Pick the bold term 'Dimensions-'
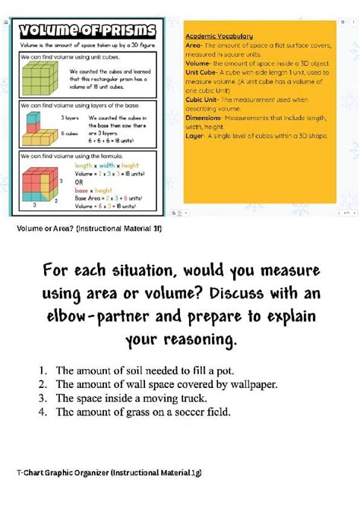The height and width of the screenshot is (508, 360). point(204,118)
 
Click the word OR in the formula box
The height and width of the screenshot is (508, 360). point(80,183)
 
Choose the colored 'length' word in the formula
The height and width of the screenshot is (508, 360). point(84,165)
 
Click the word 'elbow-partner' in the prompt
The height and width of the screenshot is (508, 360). point(107,317)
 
